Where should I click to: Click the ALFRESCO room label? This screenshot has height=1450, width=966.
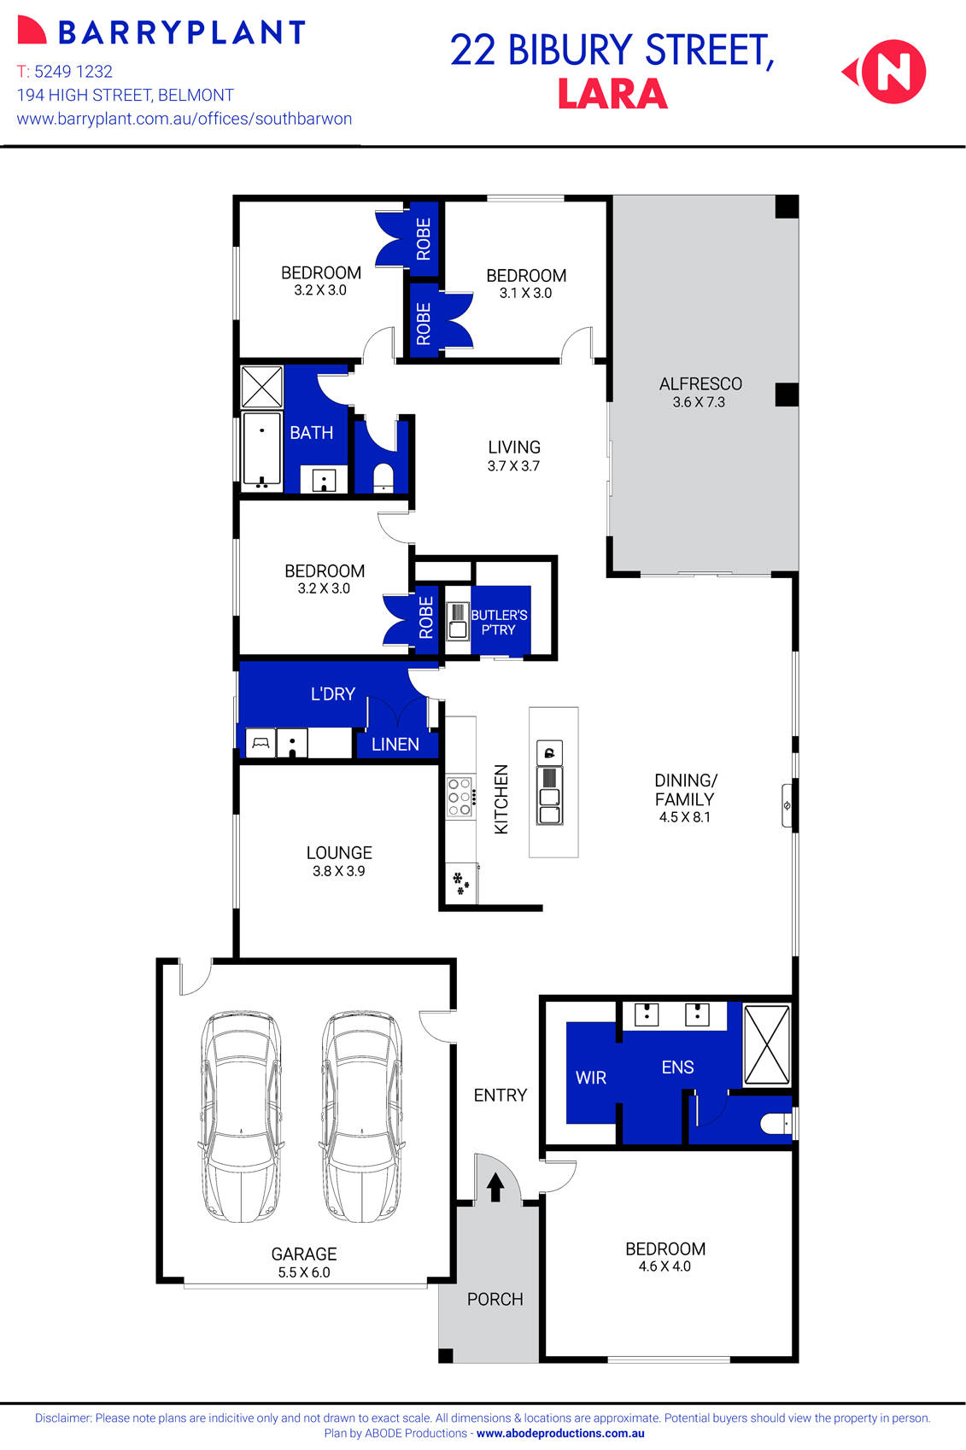click(x=700, y=384)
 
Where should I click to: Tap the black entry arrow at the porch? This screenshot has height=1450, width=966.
click(x=495, y=1187)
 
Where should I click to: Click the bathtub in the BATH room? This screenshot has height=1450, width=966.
click(x=261, y=449)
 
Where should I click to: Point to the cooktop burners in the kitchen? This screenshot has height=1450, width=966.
click(x=460, y=797)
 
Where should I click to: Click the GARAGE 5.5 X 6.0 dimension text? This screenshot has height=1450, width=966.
click(x=304, y=1272)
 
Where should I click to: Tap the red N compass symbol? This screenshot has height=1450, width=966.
click(x=892, y=72)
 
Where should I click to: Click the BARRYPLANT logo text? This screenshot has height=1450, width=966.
click(x=181, y=32)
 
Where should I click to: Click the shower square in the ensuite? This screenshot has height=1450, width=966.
click(x=766, y=1044)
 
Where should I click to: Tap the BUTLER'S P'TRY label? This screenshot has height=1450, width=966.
click(x=499, y=622)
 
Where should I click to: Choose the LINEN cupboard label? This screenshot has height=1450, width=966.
click(x=395, y=744)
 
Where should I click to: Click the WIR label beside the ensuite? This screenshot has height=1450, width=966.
click(x=591, y=1078)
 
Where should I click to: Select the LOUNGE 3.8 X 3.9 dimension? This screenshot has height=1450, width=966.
click(x=338, y=871)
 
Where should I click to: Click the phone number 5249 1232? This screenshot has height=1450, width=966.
click(x=73, y=72)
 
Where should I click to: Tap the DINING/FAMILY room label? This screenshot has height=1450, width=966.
click(x=685, y=790)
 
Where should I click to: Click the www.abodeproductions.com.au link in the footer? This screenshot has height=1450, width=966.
click(x=560, y=1434)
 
